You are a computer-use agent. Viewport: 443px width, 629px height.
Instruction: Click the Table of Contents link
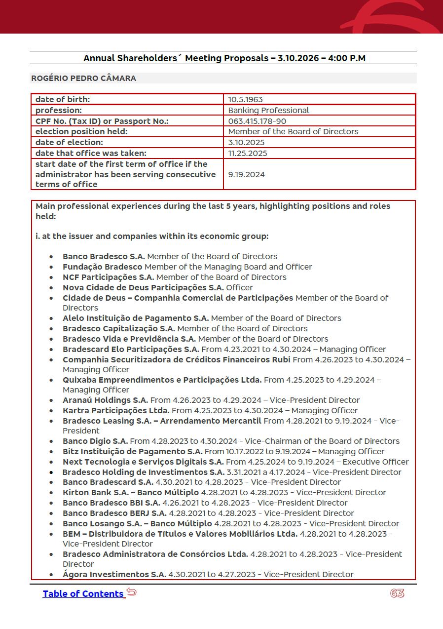coord(83,594)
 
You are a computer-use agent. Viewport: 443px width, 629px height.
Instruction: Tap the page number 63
coord(397,593)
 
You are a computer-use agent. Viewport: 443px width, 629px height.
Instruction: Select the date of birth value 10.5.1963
coord(245,100)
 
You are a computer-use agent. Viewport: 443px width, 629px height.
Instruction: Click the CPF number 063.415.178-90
coord(257,121)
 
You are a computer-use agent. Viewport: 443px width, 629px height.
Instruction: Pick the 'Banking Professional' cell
coord(268,111)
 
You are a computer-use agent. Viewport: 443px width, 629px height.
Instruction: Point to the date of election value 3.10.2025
coord(246,143)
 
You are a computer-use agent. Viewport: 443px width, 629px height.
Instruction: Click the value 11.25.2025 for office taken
coord(248,153)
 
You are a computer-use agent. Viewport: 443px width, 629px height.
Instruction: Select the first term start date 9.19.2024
coord(246,174)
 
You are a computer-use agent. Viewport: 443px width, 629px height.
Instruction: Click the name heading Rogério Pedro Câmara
coord(83,79)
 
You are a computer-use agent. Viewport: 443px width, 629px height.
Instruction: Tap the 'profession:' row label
coord(59,111)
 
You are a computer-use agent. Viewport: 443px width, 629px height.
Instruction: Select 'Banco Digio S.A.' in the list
coord(95,441)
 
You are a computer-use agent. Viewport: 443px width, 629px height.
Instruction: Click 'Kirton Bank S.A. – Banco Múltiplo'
coord(130,493)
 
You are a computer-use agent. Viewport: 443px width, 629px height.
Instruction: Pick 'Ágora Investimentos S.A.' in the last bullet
coord(114,575)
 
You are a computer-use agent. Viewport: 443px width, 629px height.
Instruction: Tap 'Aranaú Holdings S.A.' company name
coord(105,400)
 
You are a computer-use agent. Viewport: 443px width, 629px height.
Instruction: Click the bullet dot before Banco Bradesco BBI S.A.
coord(51,504)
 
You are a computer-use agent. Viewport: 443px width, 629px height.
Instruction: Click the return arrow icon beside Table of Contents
coord(131,591)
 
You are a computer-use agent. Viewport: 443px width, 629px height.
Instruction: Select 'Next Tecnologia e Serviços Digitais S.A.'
coord(143,462)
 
